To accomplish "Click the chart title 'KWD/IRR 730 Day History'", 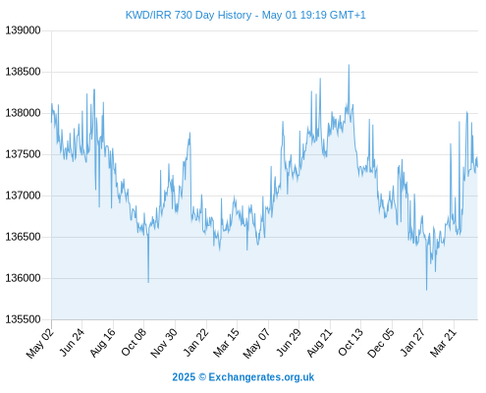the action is [x=189, y=15].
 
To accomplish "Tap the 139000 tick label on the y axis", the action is [x=23, y=30].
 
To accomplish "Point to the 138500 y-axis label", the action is [x=23, y=72].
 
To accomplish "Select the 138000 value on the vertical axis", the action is [x=23, y=113].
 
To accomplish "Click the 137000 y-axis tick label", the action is [x=23, y=196].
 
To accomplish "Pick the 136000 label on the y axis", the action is [x=23, y=278].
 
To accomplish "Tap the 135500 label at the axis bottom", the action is [x=23, y=319].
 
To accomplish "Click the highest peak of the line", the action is [x=349, y=65].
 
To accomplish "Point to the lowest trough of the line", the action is [x=426, y=290].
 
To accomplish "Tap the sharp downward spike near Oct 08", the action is [x=148, y=282].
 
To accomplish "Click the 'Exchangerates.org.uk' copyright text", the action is [x=261, y=377].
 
